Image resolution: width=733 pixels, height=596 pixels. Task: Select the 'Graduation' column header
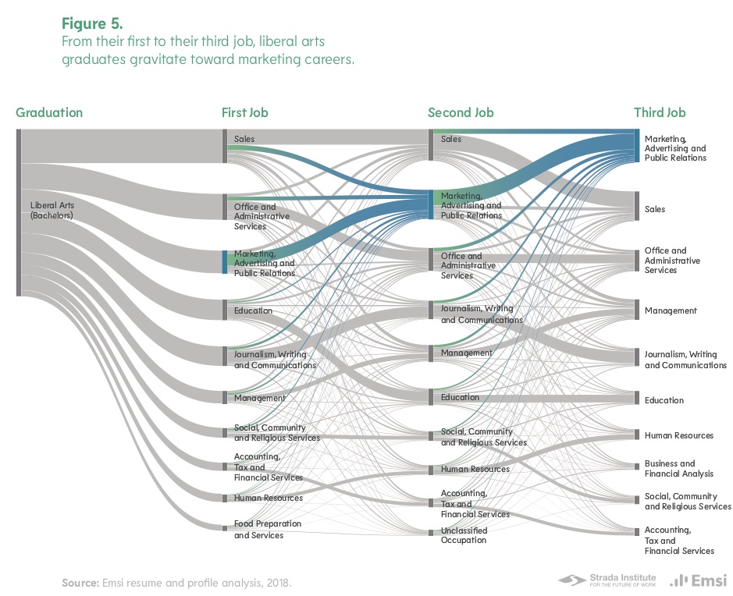point(49,112)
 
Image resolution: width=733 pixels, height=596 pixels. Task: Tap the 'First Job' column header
point(244,112)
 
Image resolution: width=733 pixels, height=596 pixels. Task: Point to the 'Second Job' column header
point(461,112)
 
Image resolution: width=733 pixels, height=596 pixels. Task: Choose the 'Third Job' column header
point(660,112)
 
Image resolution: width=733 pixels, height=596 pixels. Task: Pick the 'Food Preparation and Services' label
point(268,530)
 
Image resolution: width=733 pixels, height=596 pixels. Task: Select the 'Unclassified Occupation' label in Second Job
point(464,535)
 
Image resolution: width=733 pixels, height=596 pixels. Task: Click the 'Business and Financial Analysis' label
point(678,469)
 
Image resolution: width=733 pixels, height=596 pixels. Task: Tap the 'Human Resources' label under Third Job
point(678,435)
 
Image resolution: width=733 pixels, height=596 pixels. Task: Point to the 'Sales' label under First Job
point(244,139)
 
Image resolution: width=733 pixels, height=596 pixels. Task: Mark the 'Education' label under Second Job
point(460,397)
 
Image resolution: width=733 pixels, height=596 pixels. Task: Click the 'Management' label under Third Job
point(671,310)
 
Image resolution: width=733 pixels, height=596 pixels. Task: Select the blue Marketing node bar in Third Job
point(638,147)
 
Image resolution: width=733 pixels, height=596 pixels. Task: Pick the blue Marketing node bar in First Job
point(225,262)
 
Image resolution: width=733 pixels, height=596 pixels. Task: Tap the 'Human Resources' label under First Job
point(268,498)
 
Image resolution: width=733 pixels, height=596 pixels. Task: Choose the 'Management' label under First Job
point(260,398)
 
